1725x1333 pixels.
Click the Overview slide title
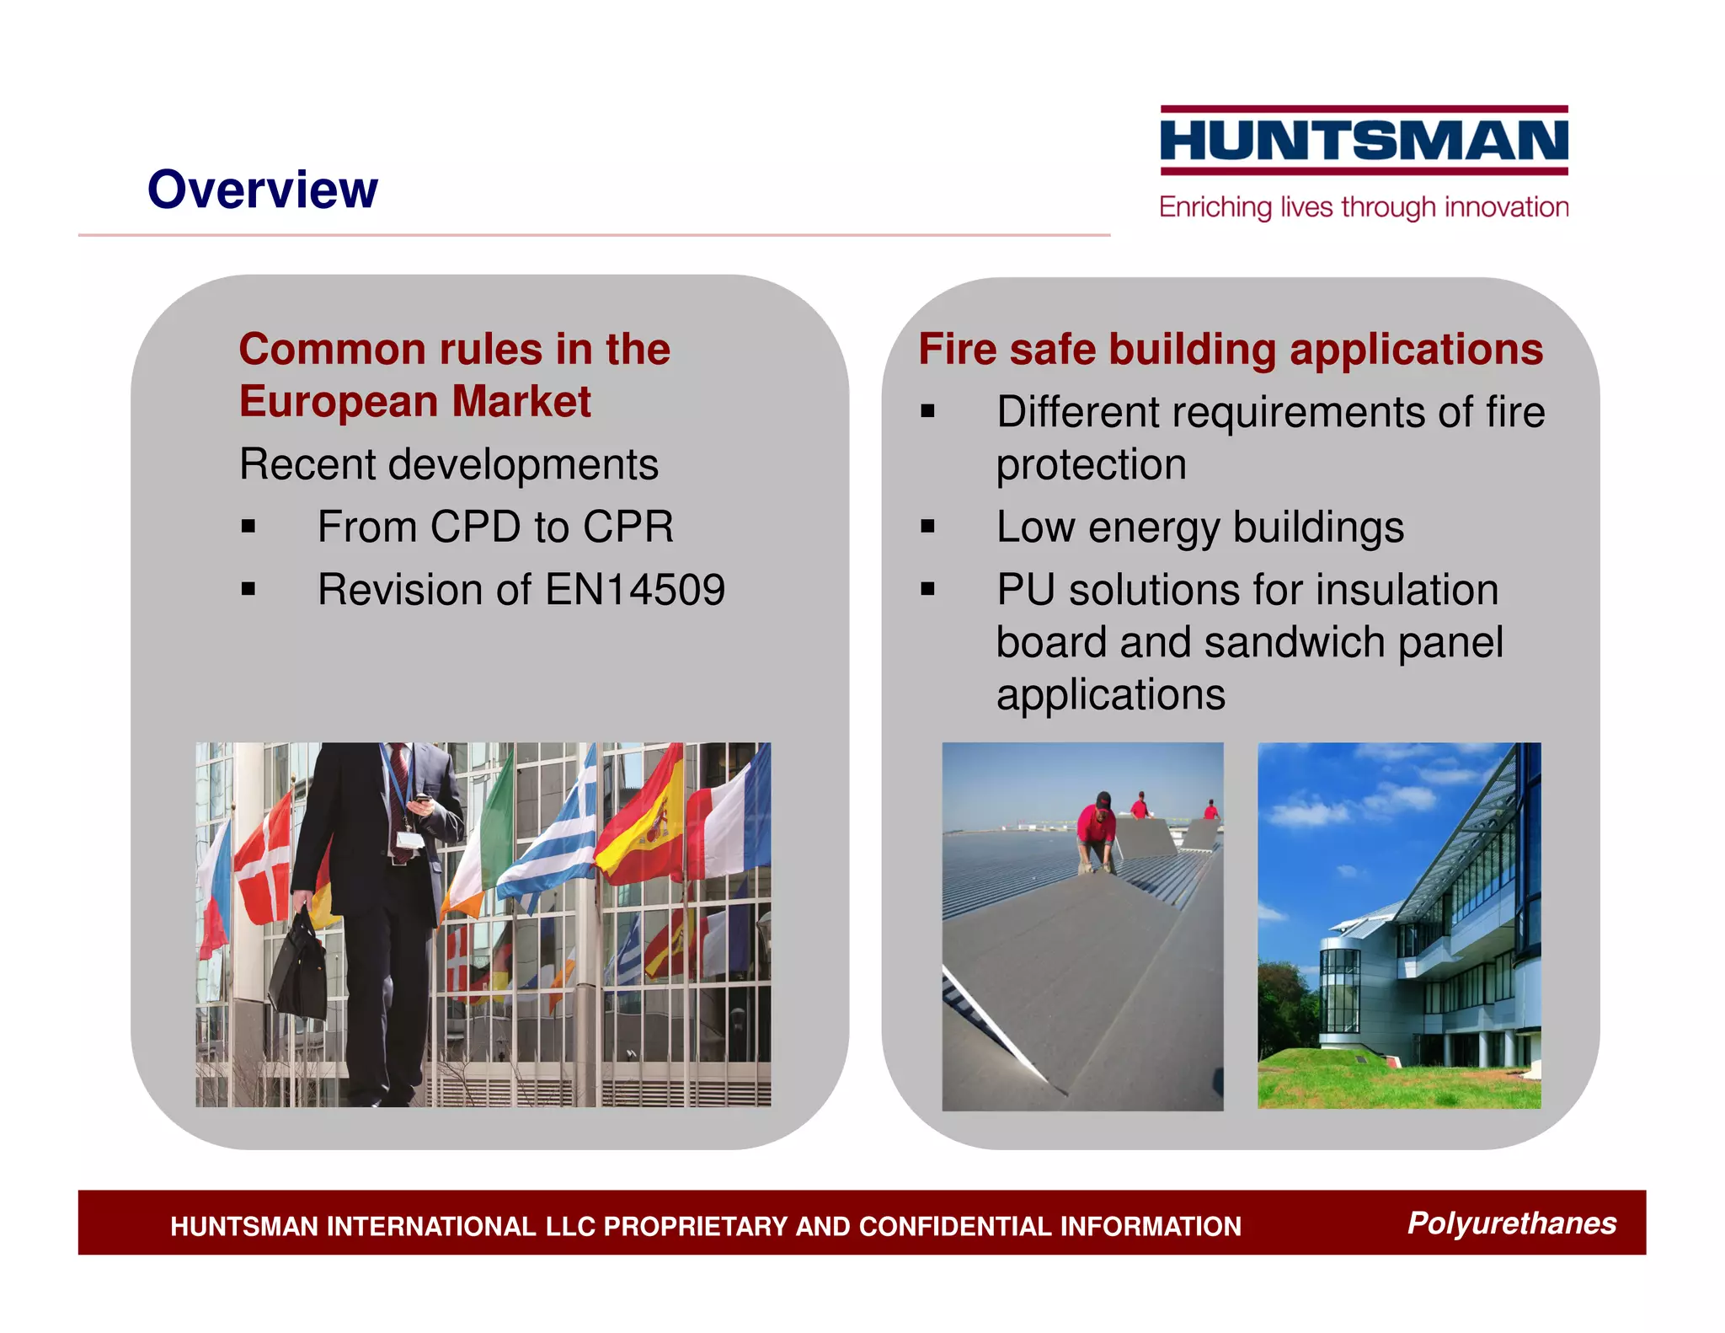pos(262,190)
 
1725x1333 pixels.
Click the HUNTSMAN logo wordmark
pos(1364,140)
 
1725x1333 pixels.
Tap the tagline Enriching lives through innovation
pos(1364,207)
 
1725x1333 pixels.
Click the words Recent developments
pos(448,465)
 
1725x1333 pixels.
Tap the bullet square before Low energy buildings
pos(927,527)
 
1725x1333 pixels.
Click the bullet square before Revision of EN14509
pos(248,590)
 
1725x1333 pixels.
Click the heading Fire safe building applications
pos(1231,350)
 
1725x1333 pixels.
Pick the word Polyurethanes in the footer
pos(1511,1223)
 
